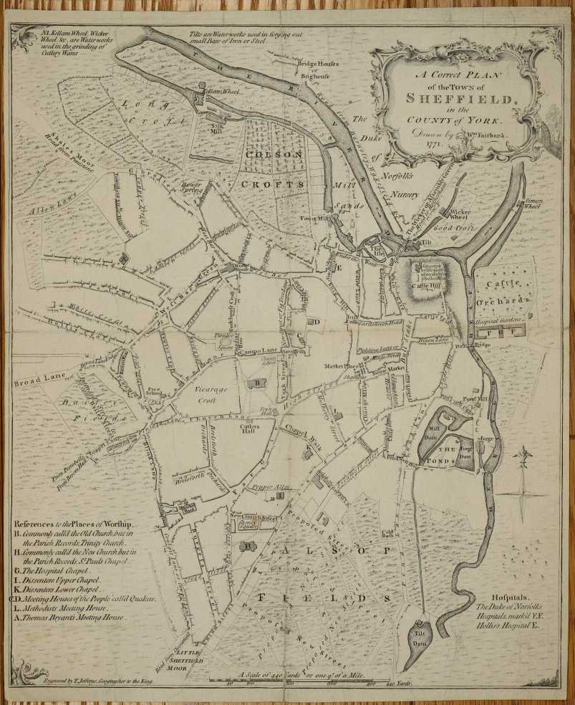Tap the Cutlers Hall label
click(x=239, y=427)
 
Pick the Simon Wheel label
click(x=533, y=203)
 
